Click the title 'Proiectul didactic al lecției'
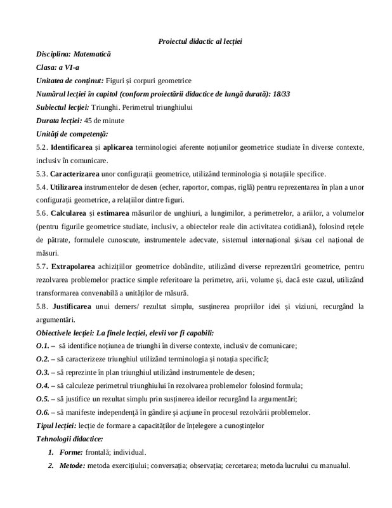(x=200, y=41)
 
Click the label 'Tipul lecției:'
(x=56, y=425)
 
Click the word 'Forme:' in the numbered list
(x=70, y=452)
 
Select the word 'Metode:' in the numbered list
(x=72, y=465)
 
